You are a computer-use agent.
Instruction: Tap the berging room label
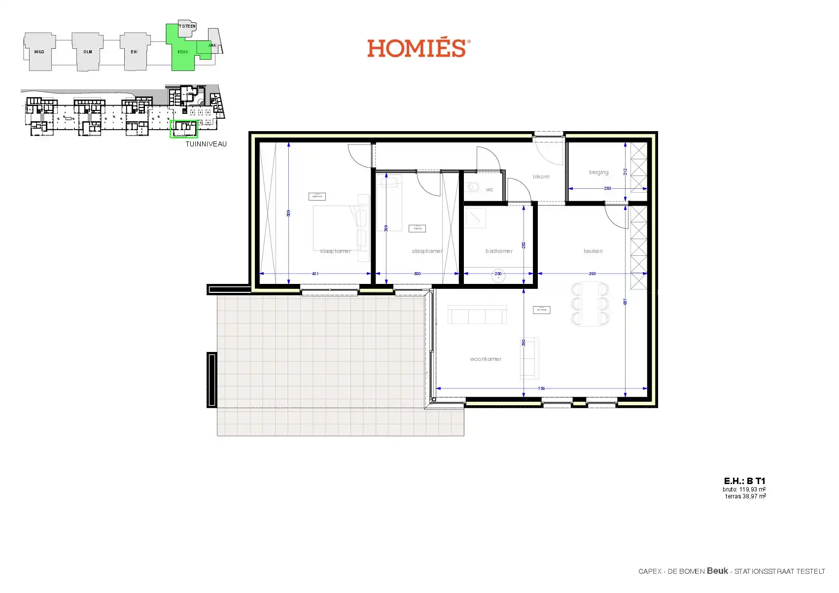point(598,173)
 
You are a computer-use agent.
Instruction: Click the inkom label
point(541,176)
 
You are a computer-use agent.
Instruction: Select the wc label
point(489,190)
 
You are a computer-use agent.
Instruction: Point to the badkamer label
point(499,251)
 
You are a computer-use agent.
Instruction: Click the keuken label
point(593,251)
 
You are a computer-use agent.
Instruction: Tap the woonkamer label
point(486,359)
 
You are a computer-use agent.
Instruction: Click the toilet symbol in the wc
point(473,188)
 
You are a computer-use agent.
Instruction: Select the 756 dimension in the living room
point(541,388)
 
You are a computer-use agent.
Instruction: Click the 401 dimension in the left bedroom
point(315,274)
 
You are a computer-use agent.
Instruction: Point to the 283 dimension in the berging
point(607,188)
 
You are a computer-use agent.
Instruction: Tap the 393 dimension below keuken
point(592,274)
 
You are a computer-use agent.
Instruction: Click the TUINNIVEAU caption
point(206,144)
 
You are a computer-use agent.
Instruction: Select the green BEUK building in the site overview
point(183,52)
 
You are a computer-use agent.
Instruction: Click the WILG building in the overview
point(39,52)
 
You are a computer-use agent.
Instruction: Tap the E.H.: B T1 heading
point(744,481)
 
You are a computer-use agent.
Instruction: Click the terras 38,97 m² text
point(745,496)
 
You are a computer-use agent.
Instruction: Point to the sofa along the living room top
point(477,314)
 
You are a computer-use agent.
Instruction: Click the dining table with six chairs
point(590,304)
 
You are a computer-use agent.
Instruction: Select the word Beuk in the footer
point(717,571)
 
